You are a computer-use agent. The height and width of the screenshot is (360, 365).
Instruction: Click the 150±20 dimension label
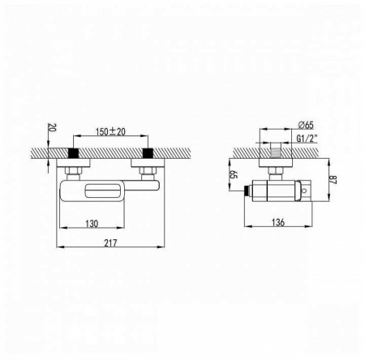110,131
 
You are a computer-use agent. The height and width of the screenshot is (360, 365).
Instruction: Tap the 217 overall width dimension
110,242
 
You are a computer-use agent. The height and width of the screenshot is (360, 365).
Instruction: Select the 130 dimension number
92,224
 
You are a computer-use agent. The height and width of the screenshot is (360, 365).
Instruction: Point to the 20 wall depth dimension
51,127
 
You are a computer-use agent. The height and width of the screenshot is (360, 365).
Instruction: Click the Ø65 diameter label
306,125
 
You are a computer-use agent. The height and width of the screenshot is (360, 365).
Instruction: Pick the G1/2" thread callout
307,139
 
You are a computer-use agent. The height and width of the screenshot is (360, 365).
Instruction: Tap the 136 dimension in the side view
278,222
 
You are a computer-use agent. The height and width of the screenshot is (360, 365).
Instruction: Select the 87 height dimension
333,180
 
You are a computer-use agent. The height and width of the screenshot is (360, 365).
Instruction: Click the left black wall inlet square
73,153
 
